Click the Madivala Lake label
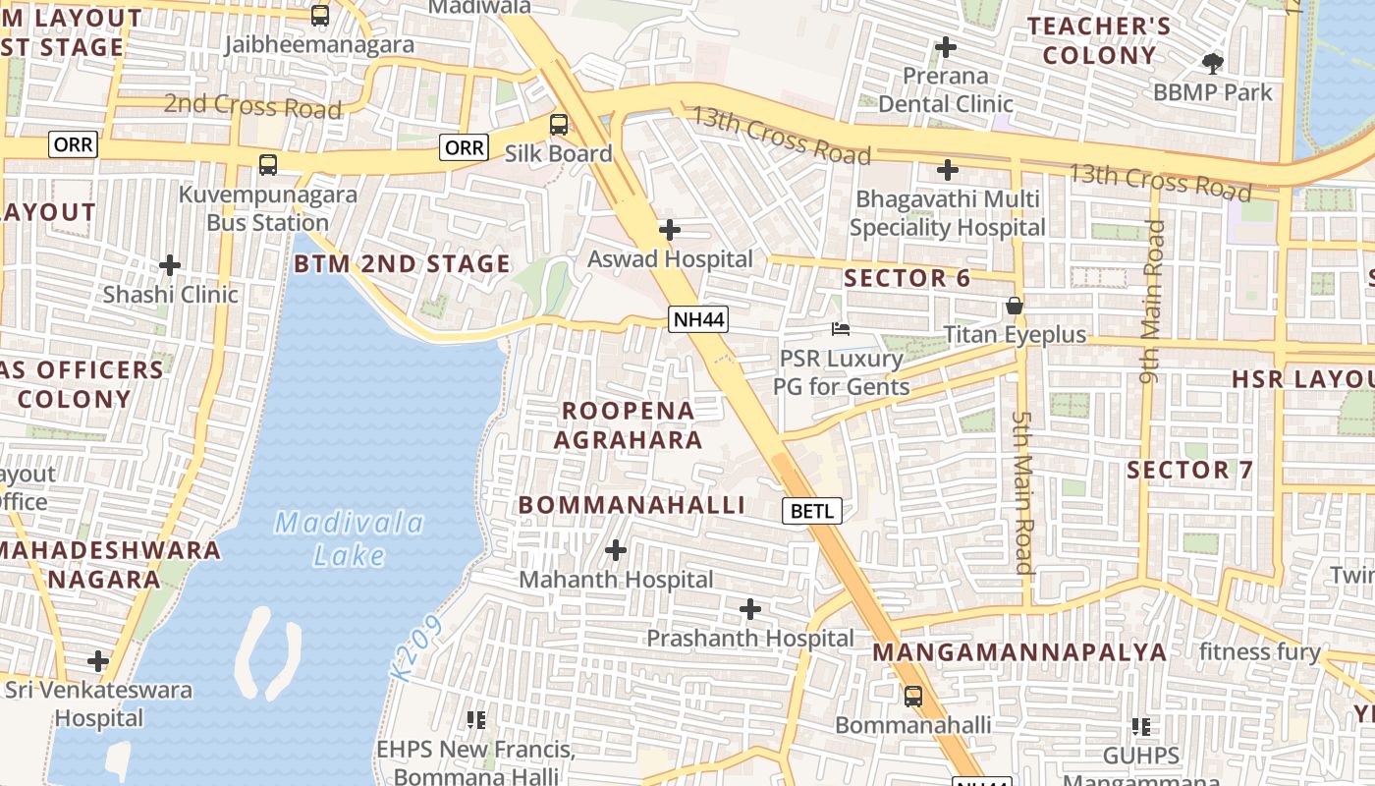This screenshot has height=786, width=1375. [349, 538]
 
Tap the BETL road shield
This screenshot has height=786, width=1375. [811, 511]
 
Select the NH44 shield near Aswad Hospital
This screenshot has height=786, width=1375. [698, 319]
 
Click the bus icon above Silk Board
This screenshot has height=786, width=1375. [558, 125]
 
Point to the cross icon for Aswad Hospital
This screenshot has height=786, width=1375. [670, 230]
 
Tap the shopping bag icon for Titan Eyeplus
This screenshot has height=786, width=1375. [1015, 307]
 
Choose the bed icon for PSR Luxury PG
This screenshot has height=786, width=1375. [840, 329]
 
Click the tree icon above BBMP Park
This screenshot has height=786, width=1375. [1213, 64]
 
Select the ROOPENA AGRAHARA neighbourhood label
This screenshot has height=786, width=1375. [628, 424]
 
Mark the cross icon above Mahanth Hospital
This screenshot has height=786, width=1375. [616, 550]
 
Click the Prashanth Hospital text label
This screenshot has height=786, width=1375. [749, 638]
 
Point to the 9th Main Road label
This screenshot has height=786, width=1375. [1152, 301]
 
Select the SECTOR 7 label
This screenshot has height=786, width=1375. [1189, 470]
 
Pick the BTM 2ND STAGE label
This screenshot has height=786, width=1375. [402, 263]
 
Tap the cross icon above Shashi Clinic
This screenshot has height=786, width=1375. [170, 265]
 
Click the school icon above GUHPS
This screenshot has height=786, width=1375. [1140, 727]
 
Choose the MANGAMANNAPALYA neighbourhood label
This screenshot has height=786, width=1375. [1019, 652]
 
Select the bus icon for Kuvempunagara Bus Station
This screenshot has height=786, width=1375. [267, 165]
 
